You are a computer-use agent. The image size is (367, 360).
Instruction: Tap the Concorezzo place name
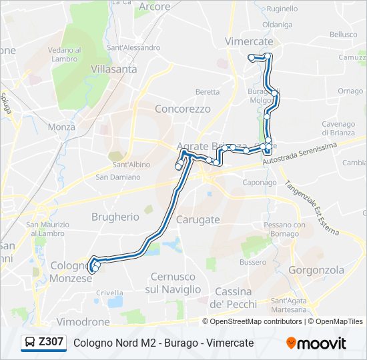(182, 109)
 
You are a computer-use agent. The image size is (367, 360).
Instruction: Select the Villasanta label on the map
(113, 69)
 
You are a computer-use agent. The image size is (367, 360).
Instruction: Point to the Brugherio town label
(115, 217)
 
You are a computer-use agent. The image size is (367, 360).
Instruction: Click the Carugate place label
(198, 219)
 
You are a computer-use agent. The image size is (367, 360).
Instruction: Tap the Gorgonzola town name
(316, 270)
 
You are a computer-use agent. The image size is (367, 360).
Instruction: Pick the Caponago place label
(259, 183)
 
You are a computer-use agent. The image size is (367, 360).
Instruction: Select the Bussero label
(252, 263)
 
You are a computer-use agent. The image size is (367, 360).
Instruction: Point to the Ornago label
(350, 91)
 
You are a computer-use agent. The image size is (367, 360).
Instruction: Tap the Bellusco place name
(343, 34)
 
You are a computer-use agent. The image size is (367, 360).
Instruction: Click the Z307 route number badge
(51, 342)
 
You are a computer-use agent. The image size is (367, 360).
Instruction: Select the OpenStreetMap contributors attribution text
(256, 321)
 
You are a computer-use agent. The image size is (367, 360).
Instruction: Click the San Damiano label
(118, 177)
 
